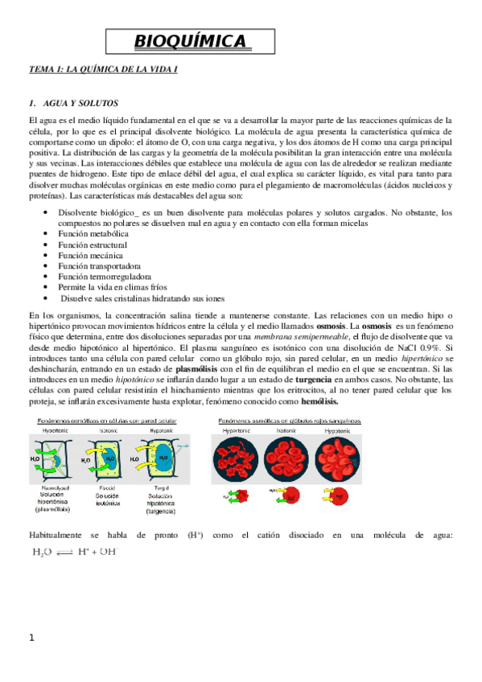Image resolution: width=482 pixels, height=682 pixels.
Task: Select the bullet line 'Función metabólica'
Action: tap(90, 232)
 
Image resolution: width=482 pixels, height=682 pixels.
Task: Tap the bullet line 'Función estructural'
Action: tap(91, 244)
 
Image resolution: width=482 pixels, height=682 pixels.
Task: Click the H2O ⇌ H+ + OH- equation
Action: tap(74, 553)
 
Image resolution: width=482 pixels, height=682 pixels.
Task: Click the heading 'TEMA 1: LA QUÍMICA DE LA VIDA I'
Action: tap(102, 71)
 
